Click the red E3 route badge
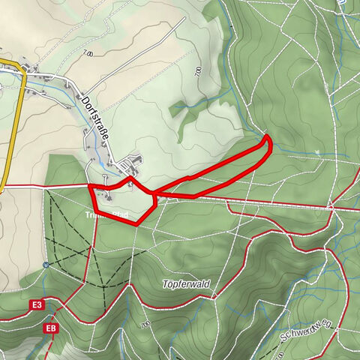37,305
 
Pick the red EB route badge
50,328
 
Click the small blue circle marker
46,264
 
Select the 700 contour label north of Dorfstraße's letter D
88,54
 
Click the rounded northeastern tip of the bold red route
267,138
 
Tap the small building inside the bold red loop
109,197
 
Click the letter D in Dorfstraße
84,99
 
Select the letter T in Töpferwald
164,284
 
